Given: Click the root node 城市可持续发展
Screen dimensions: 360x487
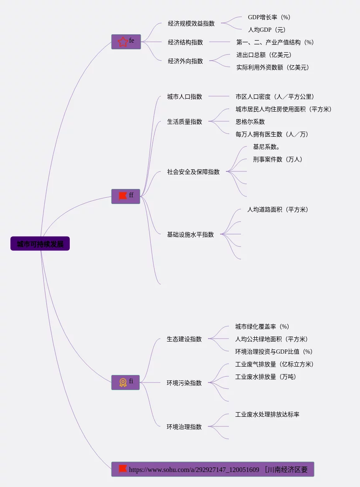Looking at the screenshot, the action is pyautogui.click(x=40, y=244).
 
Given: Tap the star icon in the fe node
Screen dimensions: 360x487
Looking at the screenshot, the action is pyautogui.click(x=123, y=42).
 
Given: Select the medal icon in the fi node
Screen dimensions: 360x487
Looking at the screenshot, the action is pyautogui.click(x=123, y=382).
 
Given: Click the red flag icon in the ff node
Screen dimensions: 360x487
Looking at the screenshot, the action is pyautogui.click(x=123, y=196).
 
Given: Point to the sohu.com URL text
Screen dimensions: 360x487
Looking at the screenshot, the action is pyautogui.click(x=194, y=469).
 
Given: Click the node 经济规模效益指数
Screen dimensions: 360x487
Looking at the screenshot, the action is pyautogui.click(x=191, y=23).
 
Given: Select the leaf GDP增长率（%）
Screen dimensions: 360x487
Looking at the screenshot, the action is pyautogui.click(x=269, y=17).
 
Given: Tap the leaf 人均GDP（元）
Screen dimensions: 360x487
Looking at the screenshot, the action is pyautogui.click(x=267, y=30).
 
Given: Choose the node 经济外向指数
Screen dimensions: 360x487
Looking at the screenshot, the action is pyautogui.click(x=185, y=61).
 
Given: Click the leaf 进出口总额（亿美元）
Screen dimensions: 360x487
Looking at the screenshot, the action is pyautogui.click(x=264, y=55).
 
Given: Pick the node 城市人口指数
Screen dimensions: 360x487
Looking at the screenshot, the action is pyautogui.click(x=185, y=97).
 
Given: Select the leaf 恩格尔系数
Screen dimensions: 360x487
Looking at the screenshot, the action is pyautogui.click(x=250, y=122).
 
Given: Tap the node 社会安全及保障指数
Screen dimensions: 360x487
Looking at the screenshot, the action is pyautogui.click(x=193, y=172).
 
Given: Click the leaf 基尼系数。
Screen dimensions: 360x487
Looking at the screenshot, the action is pyautogui.click(x=266, y=147).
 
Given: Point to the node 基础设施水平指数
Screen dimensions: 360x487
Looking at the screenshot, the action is pyautogui.click(x=190, y=235).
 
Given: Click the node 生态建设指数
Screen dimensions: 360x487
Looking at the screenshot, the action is pyautogui.click(x=184, y=339).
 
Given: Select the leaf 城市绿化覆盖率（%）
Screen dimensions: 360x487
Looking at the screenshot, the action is pyautogui.click(x=262, y=326).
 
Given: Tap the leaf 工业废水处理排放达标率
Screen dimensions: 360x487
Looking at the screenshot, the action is pyautogui.click(x=267, y=414).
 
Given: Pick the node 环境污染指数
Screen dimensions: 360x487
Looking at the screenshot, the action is pyautogui.click(x=184, y=383).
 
